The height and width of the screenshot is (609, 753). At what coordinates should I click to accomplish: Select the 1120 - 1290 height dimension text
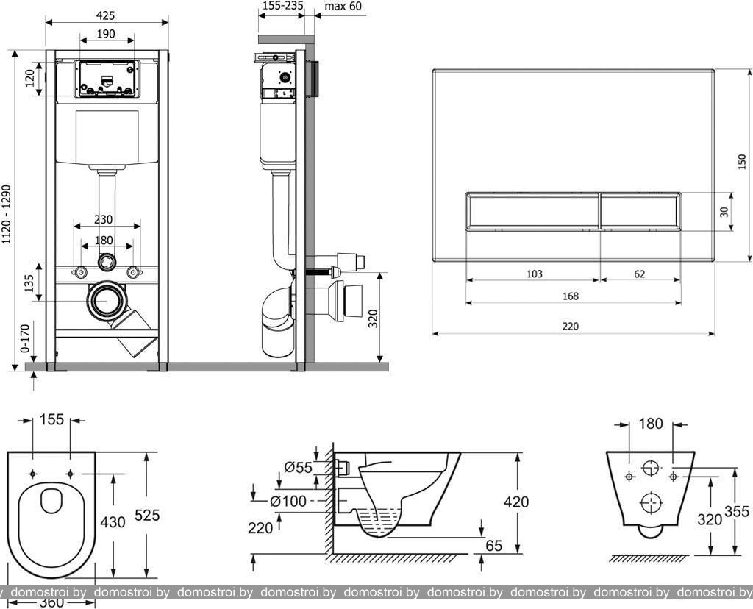coord(7,214)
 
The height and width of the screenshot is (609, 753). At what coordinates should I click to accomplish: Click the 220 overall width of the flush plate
coord(571,326)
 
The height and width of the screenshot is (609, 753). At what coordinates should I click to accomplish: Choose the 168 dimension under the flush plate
coord(571,296)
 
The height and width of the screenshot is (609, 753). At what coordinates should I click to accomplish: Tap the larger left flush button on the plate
coord(532,211)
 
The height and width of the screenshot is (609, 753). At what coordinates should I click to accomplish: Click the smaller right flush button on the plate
coord(640,211)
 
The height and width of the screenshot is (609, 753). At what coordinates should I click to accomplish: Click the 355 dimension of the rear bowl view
coord(738,512)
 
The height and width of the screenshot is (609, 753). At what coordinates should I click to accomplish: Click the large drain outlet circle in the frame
coord(107,300)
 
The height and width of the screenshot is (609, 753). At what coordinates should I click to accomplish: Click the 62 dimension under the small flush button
coord(639,274)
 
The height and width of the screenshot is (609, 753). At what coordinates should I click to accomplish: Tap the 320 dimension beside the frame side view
coord(373,318)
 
